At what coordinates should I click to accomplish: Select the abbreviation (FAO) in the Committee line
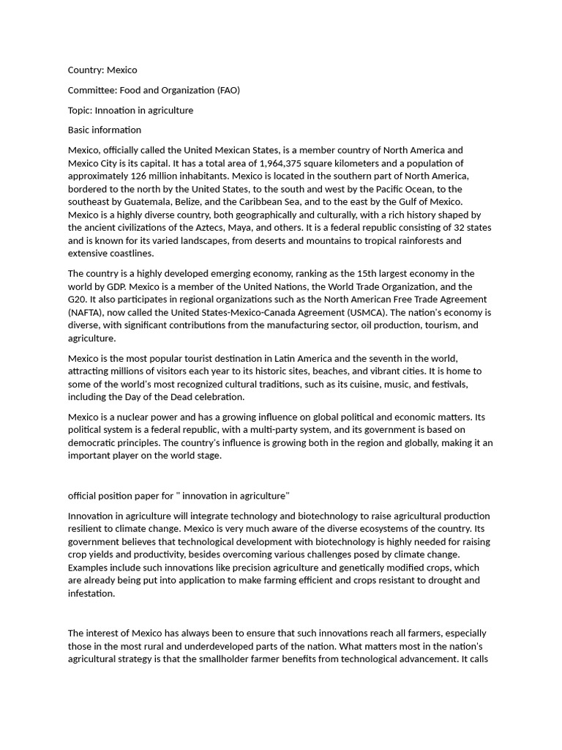(228, 90)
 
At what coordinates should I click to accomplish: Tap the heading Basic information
(105, 130)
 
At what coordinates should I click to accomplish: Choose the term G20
(78, 299)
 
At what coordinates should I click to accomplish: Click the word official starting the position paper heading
(83, 495)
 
